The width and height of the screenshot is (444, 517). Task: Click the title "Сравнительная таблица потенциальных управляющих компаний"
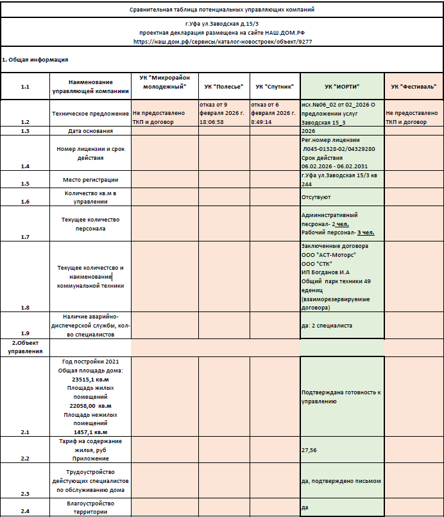[222, 10]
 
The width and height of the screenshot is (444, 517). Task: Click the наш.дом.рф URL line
[222, 40]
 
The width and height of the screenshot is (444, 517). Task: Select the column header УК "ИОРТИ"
[342, 86]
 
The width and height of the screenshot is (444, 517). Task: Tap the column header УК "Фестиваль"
[414, 86]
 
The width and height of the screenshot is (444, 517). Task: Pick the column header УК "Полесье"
[223, 86]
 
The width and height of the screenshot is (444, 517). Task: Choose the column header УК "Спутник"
[275, 86]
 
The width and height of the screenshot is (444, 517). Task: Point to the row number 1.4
[25, 166]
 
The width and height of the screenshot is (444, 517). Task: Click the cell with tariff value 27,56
[342, 450]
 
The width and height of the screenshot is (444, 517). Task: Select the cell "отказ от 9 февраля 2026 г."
[223, 112]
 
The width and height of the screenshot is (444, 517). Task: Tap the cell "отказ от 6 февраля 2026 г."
[275, 112]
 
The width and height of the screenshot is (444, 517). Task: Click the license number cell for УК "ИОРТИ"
[342, 153]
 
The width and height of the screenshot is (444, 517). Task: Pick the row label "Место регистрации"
[90, 179]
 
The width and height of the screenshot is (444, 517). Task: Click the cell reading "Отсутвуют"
[342, 197]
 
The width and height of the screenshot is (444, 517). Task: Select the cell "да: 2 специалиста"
[342, 326]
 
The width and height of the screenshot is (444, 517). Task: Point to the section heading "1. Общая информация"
[35, 60]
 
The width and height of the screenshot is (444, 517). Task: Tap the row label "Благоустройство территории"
[90, 507]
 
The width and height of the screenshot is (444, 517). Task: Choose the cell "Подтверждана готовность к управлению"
[342, 396]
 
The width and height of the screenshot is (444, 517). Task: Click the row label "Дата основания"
[90, 131]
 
